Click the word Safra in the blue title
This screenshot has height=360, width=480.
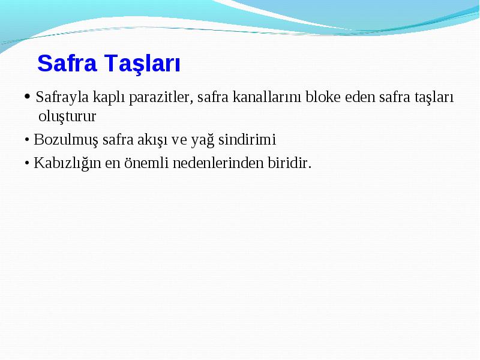[67, 63]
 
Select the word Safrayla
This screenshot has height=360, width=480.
[62, 98]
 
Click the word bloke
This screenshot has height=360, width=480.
[323, 97]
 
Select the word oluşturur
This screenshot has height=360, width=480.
[67, 116]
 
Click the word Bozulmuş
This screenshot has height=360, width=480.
[66, 140]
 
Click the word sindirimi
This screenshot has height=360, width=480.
[247, 139]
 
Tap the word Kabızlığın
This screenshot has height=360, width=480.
[67, 163]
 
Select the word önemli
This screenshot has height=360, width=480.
[146, 163]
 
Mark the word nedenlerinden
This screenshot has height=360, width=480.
[218, 163]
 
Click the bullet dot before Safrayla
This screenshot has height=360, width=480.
[27, 97]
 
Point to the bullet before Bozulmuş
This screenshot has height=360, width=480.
[27, 140]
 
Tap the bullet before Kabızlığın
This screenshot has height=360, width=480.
[27, 163]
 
